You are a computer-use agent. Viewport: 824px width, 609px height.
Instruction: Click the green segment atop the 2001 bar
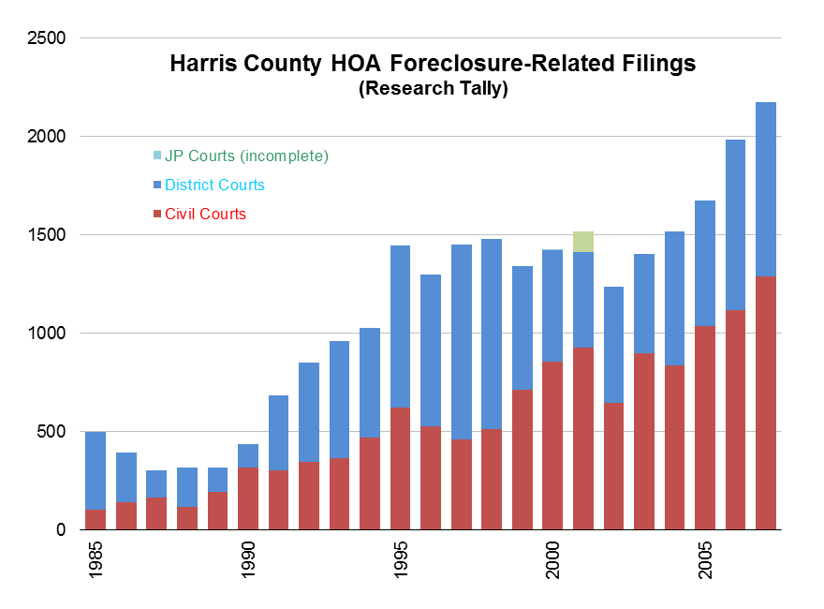[583, 241]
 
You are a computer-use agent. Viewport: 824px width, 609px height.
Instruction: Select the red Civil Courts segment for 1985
[96, 519]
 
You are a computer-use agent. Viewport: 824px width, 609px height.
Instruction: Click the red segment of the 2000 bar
[552, 445]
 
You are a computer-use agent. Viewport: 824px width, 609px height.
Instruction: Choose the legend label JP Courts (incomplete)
[246, 156]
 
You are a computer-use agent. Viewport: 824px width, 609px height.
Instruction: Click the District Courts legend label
[214, 185]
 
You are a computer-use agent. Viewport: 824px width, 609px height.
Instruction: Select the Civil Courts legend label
[205, 214]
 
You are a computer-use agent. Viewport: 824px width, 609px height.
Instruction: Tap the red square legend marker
[157, 214]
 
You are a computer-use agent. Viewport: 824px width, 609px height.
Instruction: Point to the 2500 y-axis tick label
[47, 38]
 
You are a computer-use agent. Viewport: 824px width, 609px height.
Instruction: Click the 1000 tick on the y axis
[47, 334]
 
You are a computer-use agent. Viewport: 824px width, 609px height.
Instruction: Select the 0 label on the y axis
[61, 530]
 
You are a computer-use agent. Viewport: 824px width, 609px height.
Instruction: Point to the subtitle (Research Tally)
[433, 90]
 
